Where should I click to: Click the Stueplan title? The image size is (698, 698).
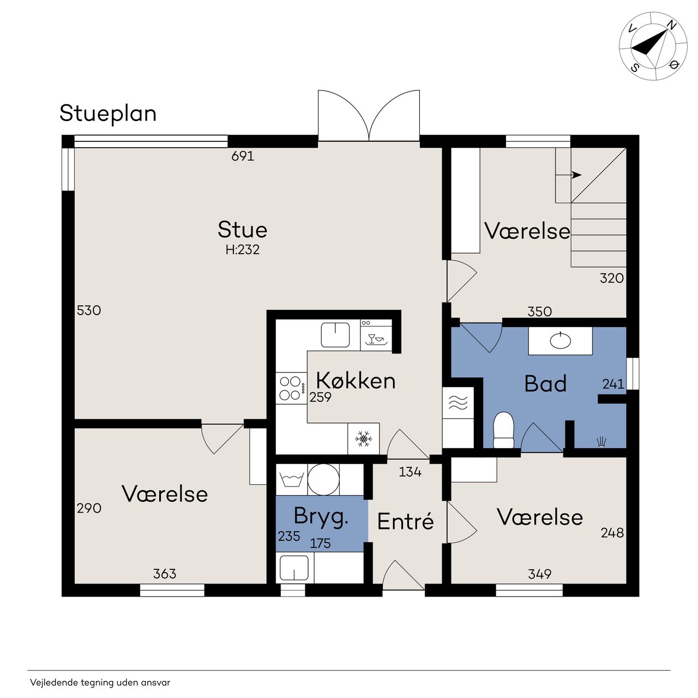tap(108, 114)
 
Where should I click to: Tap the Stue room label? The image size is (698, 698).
tap(242, 229)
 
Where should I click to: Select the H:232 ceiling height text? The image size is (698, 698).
tap(242, 250)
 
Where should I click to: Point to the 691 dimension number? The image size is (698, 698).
tap(243, 156)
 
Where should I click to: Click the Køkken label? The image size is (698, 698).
tap(356, 381)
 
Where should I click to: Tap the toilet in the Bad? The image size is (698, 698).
tap(503, 430)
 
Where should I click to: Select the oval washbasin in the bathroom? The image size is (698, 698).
tap(561, 340)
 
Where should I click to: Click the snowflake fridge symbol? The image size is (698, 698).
tap(363, 438)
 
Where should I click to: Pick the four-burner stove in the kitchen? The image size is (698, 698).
tap(291, 388)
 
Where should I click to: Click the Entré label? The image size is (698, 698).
tap(405, 521)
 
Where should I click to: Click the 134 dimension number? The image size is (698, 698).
tap(410, 472)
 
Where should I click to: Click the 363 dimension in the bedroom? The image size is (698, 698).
tap(165, 573)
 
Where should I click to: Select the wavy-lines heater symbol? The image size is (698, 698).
tap(458, 402)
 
